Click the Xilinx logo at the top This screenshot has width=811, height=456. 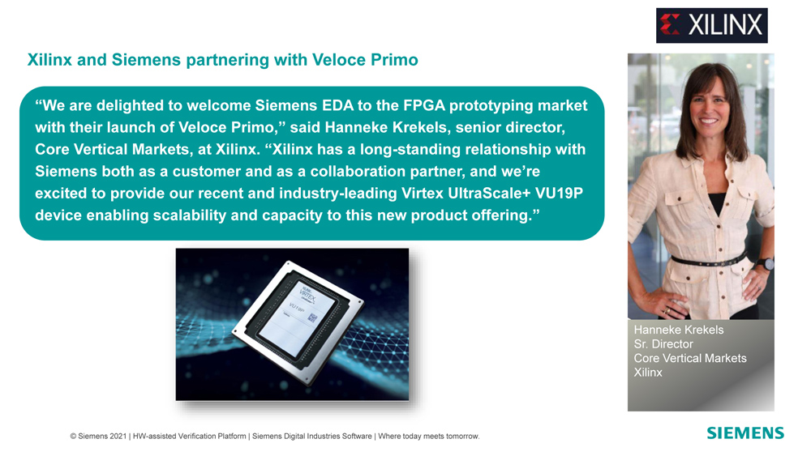(712, 25)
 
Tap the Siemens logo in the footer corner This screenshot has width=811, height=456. (745, 433)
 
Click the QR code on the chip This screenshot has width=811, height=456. (312, 317)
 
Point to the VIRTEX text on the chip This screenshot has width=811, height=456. (307, 295)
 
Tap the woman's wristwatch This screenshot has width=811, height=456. (767, 263)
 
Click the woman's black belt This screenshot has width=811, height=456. (710, 261)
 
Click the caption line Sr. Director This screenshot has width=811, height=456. (663, 344)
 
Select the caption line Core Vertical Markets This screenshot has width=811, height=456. (690, 358)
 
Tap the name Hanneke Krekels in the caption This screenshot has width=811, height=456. (679, 330)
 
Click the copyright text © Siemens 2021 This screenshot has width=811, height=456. (98, 437)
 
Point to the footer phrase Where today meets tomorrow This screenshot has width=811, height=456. (429, 437)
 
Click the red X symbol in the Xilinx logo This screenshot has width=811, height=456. (670, 25)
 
